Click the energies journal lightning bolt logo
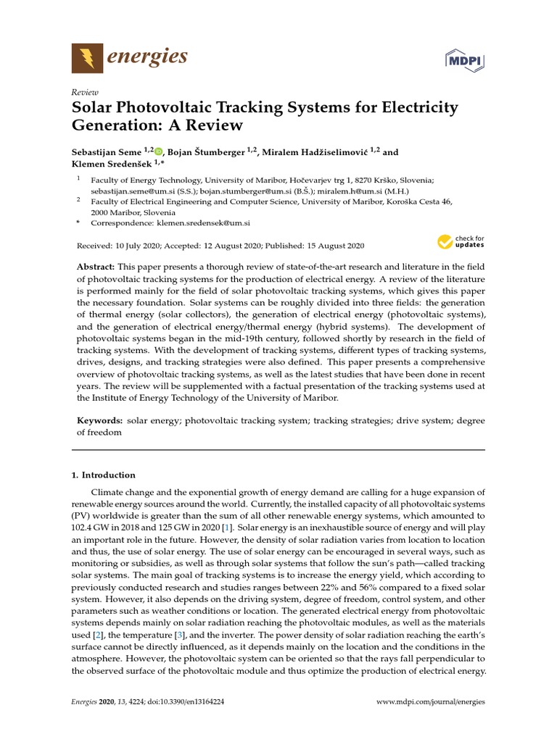point(88,57)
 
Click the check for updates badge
point(459,241)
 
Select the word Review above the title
point(85,92)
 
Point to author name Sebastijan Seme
point(107,152)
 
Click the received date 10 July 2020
point(137,246)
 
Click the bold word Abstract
point(94,267)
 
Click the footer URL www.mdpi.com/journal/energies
point(431,702)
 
